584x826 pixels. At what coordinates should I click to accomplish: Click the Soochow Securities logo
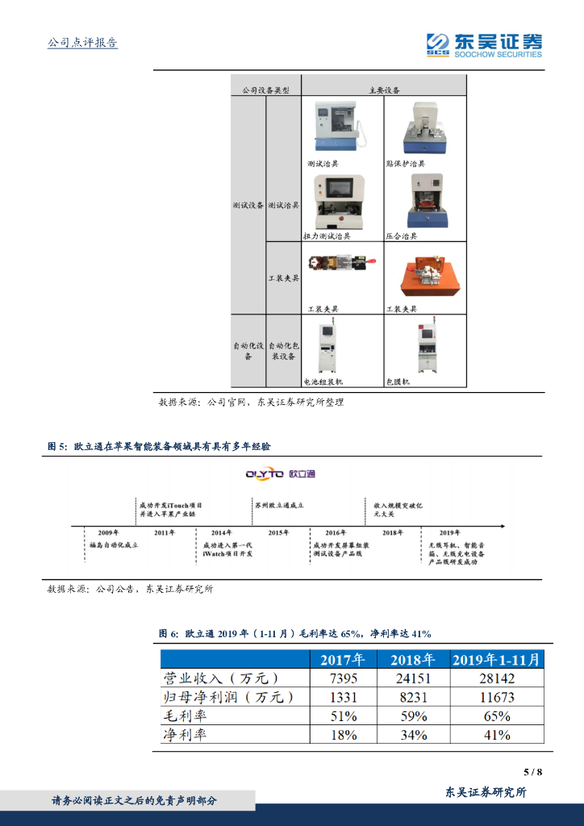pyautogui.click(x=484, y=44)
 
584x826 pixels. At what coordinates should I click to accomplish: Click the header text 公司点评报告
pyautogui.click(x=83, y=43)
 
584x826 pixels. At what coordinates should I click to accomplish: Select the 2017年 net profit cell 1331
pyautogui.click(x=344, y=697)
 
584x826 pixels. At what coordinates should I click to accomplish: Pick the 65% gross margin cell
pyautogui.click(x=496, y=715)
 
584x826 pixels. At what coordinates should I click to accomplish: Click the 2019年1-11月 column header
pyautogui.click(x=496, y=659)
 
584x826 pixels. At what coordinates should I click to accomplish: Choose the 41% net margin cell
pyautogui.click(x=496, y=735)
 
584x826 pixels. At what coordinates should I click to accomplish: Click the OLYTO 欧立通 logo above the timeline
pyautogui.click(x=281, y=473)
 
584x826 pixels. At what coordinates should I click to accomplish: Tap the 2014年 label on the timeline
pyautogui.click(x=221, y=533)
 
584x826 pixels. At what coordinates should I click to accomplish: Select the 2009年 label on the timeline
pyautogui.click(x=108, y=533)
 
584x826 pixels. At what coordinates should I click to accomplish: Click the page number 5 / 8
pyautogui.click(x=533, y=772)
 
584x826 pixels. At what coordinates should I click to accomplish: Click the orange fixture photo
pyautogui.click(x=425, y=276)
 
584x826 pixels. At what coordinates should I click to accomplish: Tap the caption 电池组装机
pyautogui.click(x=323, y=382)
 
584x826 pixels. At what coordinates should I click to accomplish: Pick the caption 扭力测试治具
pyautogui.click(x=327, y=236)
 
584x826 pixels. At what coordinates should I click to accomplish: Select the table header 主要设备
pyautogui.click(x=384, y=90)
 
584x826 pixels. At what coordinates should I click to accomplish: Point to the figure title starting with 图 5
pyautogui.click(x=160, y=446)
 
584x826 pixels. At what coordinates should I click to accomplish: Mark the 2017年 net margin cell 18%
pyautogui.click(x=344, y=735)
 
